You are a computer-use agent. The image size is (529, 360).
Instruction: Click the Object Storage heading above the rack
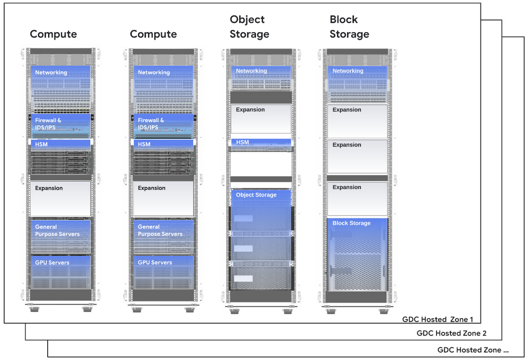[x=249, y=27]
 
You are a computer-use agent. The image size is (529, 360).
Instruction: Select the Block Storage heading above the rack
[x=349, y=27]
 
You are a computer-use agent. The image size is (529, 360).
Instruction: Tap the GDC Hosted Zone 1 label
[x=437, y=319]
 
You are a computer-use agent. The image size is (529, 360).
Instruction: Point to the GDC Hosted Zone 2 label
[x=451, y=333]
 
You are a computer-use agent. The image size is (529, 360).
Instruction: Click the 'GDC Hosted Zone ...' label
[x=472, y=350]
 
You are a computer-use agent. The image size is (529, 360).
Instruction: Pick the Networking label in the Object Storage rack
[x=251, y=71]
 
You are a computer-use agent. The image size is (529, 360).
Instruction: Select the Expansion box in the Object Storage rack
[x=261, y=118]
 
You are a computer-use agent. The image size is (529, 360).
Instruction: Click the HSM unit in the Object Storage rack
[x=261, y=142]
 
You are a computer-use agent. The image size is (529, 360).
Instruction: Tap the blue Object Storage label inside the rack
[x=256, y=195]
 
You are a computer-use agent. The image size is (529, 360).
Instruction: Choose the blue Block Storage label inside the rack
[x=352, y=223]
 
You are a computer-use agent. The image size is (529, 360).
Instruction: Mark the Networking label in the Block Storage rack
[x=348, y=71]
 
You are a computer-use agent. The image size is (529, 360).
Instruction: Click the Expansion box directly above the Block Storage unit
[x=357, y=198]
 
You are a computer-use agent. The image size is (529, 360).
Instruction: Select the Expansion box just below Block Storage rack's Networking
[x=357, y=121]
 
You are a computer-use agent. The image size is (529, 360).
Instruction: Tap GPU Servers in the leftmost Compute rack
[x=52, y=262]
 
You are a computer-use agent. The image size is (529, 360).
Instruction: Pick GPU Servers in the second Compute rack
[x=155, y=262]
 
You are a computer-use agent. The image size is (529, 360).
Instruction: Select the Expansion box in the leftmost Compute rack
[x=60, y=198]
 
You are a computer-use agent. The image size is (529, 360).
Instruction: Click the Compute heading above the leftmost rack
[x=53, y=34]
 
